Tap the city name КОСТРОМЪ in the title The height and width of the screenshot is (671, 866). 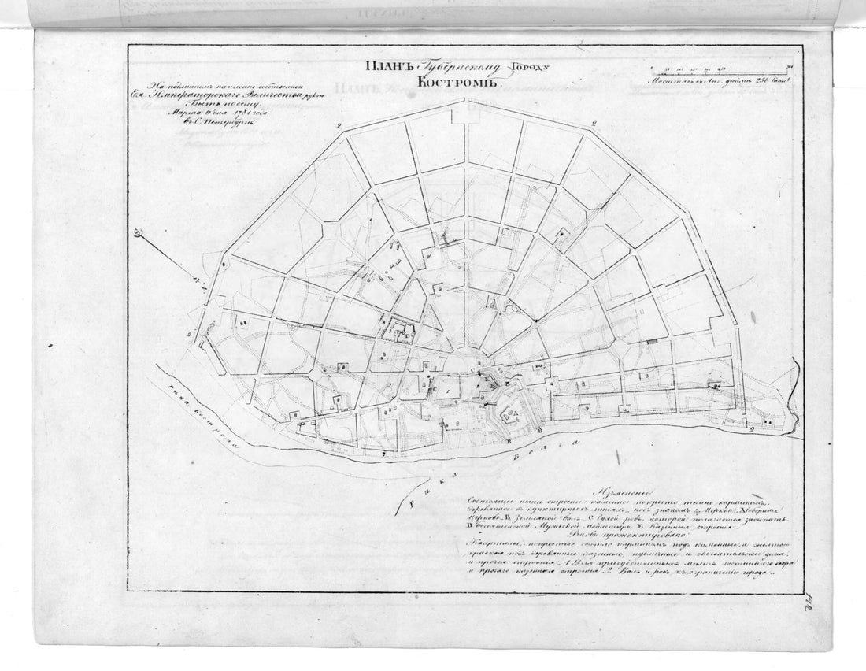449,84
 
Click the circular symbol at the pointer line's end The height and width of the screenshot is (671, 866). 139,232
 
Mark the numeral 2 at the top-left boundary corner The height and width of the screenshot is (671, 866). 339,125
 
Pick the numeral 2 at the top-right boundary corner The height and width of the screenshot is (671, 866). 594,124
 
